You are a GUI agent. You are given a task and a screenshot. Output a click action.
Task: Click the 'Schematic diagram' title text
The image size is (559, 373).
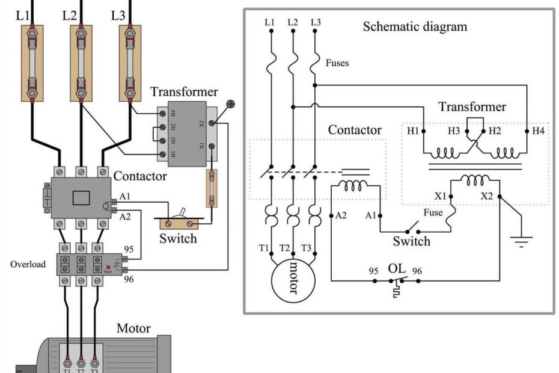coord(414,27)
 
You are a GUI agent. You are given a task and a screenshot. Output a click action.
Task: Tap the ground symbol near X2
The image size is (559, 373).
coord(521,242)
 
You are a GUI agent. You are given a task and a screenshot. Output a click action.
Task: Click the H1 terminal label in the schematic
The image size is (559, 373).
coord(412,131)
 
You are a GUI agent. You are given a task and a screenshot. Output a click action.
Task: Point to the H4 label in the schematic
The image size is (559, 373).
coord(538,131)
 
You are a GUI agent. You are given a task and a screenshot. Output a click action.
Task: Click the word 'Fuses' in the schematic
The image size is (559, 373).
coord(337,63)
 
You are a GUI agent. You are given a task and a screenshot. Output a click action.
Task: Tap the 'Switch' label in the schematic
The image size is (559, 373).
coord(411,241)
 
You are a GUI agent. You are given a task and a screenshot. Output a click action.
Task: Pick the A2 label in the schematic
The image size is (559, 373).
coord(341,215)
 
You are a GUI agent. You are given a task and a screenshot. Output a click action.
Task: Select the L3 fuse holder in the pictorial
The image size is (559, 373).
coord(129,63)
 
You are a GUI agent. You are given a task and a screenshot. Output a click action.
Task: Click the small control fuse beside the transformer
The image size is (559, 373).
coord(211,188)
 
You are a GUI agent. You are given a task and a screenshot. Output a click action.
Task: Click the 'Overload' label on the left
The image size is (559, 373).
coord(28,264)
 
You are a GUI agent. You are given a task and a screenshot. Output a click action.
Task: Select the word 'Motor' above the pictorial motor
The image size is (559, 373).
coord(133,328)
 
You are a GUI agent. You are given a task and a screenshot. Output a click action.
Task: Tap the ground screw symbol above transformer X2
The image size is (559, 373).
coord(230,104)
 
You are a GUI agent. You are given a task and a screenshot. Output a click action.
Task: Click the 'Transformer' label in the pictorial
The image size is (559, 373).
coord(184,91)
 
